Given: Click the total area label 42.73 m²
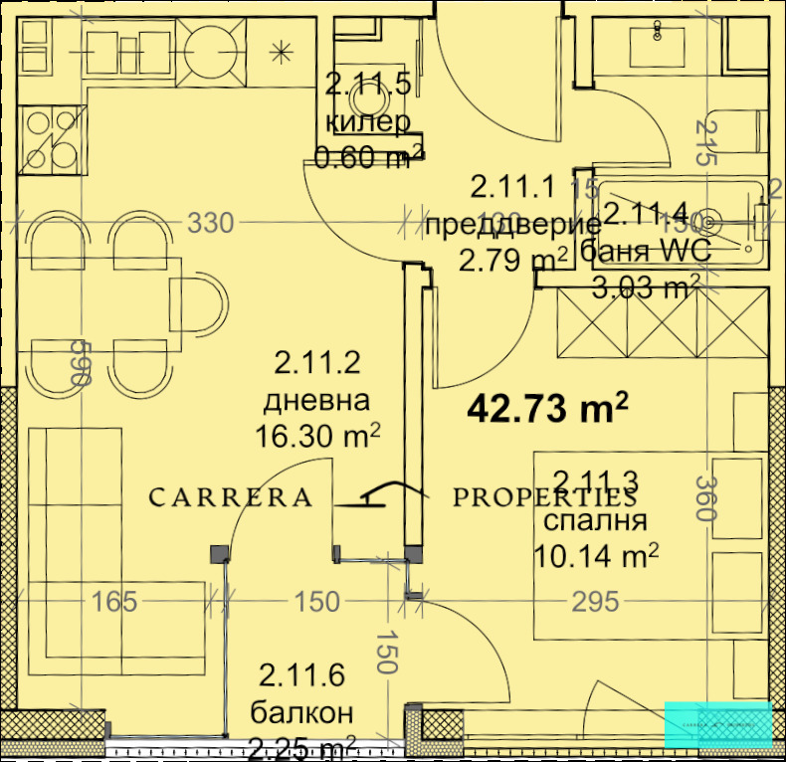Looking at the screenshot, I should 547,408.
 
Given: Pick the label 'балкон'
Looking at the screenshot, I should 301,712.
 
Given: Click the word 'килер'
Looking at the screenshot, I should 368,122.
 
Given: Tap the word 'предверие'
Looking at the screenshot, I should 512,224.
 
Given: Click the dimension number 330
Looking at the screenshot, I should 211,224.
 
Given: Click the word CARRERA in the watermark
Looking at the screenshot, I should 231,497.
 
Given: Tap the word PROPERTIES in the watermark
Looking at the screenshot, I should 545,497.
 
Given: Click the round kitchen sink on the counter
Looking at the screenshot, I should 210,47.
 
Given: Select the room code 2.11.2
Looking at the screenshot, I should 316,365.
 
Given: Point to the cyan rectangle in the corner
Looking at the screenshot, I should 717,723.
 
